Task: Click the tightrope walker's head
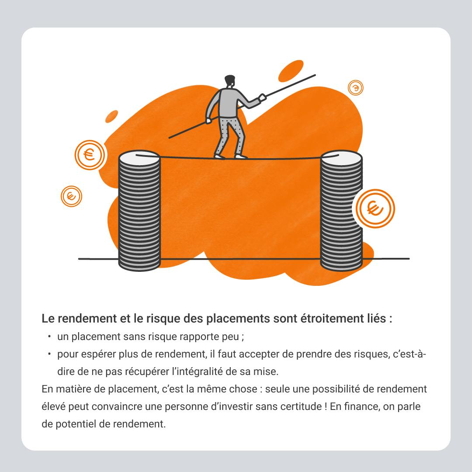coord(230,81)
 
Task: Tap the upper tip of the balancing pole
coord(315,75)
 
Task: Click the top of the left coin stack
coord(139,158)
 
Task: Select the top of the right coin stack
coord(341,158)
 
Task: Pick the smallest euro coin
coord(355,87)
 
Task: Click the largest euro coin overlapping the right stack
coord(375,208)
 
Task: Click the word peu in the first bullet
coord(230,337)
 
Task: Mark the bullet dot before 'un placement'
coord(49,337)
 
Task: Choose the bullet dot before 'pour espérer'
coord(49,354)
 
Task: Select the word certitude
coord(301,406)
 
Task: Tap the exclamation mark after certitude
coord(326,406)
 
